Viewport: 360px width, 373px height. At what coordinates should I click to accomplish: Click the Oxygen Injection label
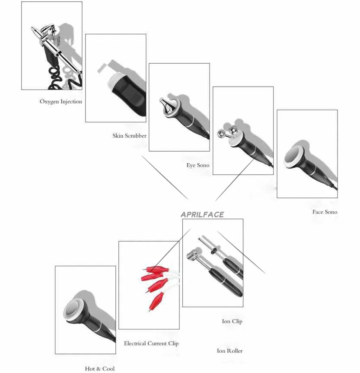pos(61,102)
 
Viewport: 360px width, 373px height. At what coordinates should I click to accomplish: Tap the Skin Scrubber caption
pos(129,135)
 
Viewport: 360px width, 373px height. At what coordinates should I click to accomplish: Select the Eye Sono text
pos(198,165)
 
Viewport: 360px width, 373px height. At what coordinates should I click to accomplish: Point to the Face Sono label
pos(325,212)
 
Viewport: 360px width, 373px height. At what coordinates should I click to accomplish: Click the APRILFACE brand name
pos(202,215)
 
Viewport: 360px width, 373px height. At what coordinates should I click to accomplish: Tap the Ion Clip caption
pos(232,322)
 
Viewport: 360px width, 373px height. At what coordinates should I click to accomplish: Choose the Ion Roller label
pos(229,350)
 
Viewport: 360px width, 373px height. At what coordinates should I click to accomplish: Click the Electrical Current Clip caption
pos(151,344)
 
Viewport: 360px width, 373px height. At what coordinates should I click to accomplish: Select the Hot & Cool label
pos(99,369)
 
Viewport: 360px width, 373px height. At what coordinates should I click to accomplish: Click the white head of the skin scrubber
pos(114,80)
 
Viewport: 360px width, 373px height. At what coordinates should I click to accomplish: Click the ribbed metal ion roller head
pos(191,254)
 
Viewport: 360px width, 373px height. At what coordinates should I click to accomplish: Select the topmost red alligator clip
pos(156,270)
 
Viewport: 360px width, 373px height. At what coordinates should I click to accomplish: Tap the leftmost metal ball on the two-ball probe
pos(222,134)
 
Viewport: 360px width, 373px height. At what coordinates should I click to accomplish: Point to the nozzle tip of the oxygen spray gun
pos(32,29)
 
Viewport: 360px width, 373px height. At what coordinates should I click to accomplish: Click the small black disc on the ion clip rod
pos(213,250)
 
